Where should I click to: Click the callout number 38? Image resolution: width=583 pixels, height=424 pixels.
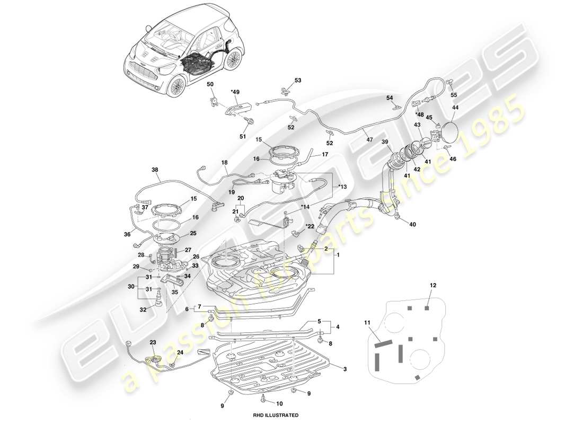155,171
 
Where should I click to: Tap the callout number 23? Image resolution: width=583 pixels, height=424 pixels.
153,342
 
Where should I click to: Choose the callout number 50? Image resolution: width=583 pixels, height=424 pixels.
210,84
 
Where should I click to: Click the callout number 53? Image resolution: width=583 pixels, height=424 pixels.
297,81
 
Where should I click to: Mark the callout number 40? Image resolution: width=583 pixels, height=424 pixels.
412,224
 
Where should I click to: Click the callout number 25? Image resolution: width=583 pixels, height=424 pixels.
193,233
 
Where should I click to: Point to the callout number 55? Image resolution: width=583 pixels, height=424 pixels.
453,95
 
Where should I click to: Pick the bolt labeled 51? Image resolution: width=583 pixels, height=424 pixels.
251,121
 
